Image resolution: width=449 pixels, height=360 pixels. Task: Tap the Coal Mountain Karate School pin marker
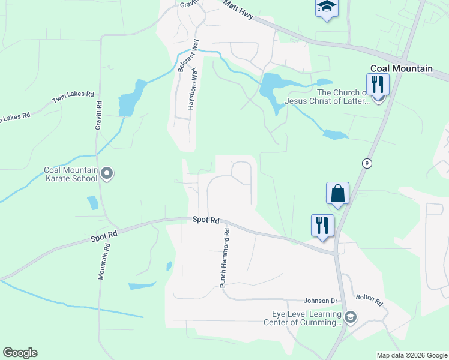(107, 174)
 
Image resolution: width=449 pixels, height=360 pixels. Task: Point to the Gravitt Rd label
(98, 116)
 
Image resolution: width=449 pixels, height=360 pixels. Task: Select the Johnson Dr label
(321, 301)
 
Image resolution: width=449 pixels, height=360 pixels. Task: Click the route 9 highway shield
(365, 163)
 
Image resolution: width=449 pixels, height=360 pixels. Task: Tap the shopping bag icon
(337, 194)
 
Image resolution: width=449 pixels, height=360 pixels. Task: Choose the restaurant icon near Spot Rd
(322, 226)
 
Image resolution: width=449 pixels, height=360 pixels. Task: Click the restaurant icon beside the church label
(378, 84)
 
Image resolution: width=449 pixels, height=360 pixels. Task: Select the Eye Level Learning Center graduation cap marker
(351, 317)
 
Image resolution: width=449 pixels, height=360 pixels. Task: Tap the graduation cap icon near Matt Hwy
(326, 7)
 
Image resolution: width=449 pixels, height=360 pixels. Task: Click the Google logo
(20, 353)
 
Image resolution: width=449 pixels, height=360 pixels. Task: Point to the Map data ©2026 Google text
(412, 355)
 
